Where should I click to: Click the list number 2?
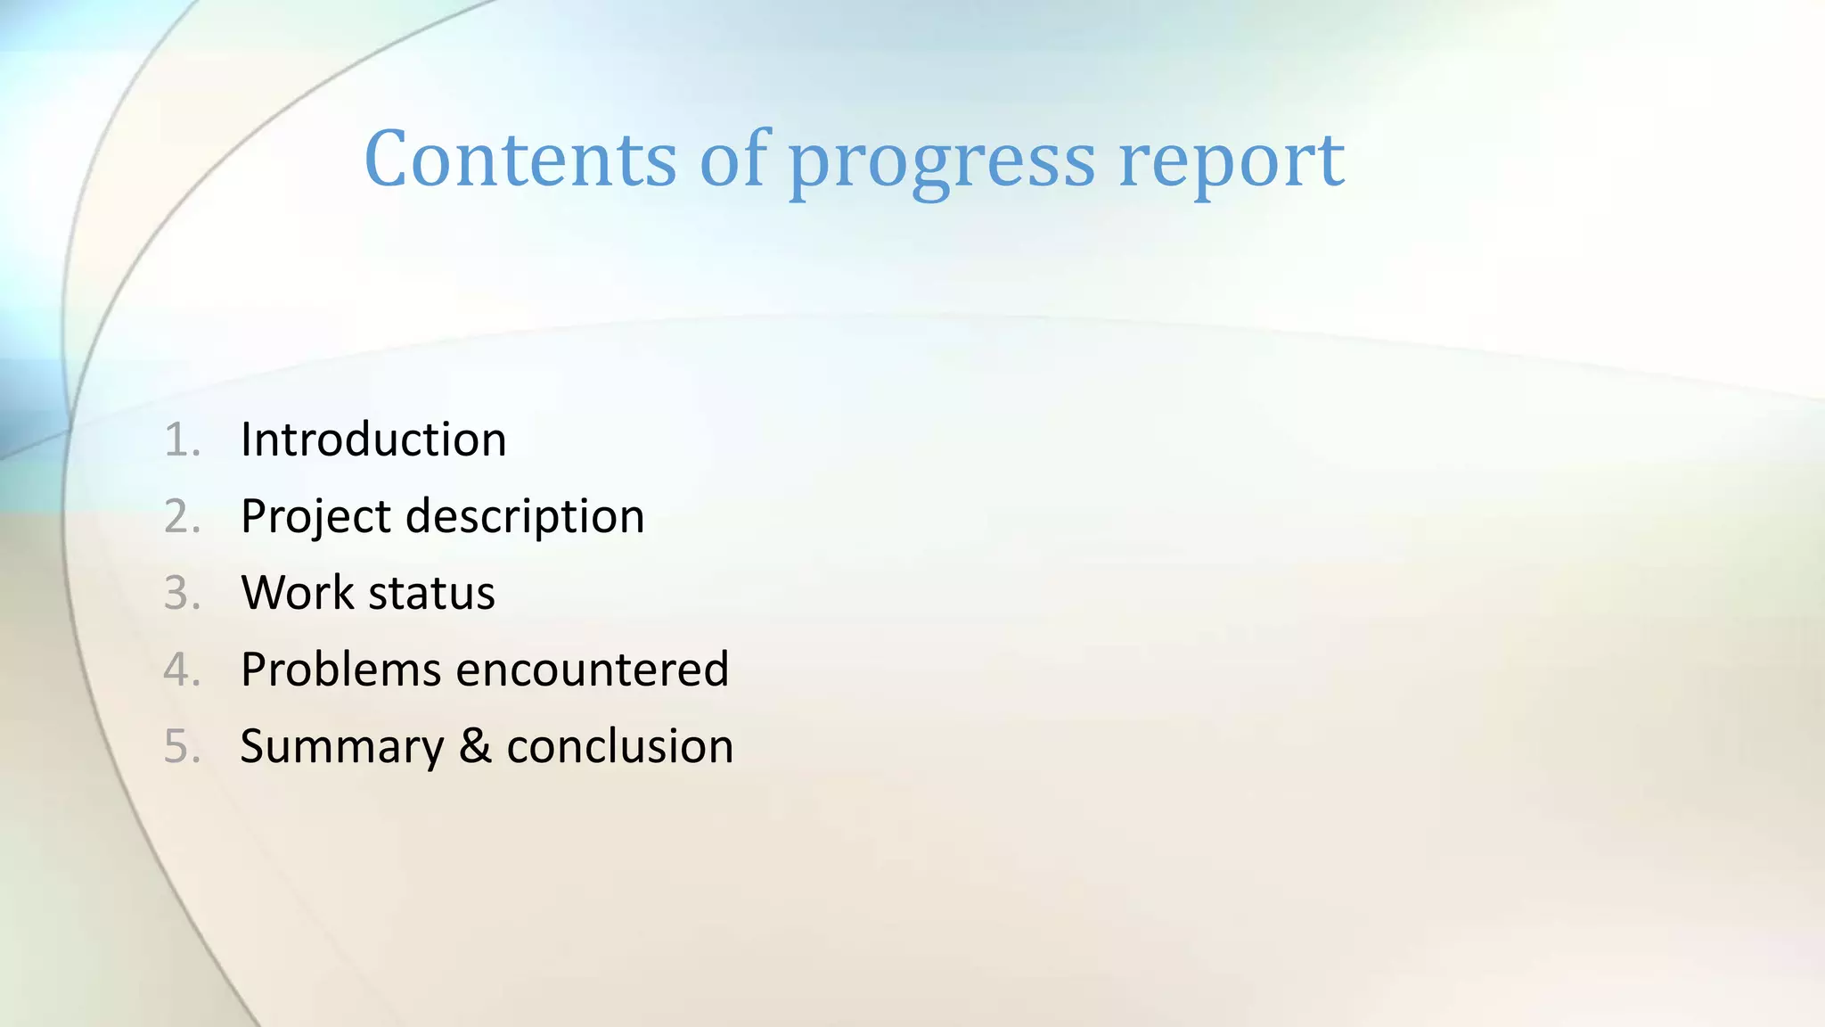tap(181, 517)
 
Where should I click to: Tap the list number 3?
tap(181, 594)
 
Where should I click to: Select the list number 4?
tap(181, 670)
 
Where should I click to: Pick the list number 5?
tap(181, 746)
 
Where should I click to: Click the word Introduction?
tap(373, 440)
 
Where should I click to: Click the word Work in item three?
tap(297, 593)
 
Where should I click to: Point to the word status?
tap(431, 594)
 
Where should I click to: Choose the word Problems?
tap(340, 670)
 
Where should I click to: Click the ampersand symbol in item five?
tap(475, 746)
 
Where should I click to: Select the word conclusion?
tap(619, 746)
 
